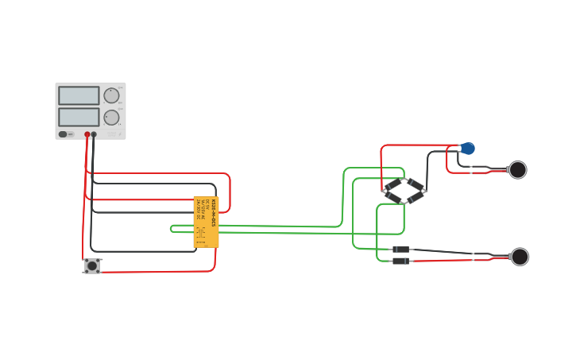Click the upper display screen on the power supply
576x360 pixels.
79,95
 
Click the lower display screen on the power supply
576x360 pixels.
79,117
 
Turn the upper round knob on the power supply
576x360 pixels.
111,95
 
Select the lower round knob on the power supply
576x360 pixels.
111,118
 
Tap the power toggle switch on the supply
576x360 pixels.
63,134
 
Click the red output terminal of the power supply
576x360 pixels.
87,135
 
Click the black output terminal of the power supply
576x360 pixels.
94,135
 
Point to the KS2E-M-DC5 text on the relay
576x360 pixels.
213,212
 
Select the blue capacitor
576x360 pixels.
468,149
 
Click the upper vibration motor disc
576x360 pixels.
517,169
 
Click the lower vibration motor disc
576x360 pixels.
520,257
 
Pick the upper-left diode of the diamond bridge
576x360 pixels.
394,185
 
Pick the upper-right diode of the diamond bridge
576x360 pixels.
416,185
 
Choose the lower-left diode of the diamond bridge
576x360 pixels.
394,197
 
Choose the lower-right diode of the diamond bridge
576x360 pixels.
416,197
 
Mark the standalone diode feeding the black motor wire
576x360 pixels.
401,250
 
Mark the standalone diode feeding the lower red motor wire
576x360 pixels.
401,261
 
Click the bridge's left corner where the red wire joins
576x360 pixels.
384,191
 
